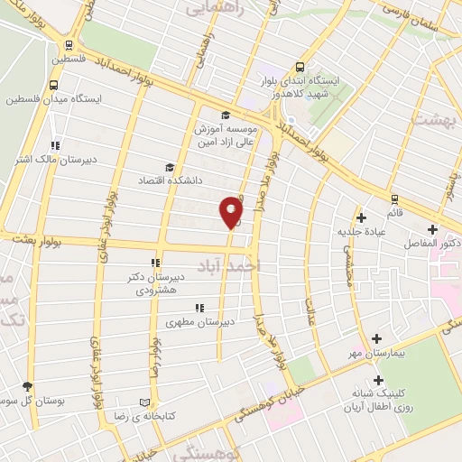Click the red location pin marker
pyautogui.click(x=231, y=212)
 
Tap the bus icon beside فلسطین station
pyautogui.click(x=69, y=46)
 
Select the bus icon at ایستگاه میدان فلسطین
pyautogui.click(x=53, y=86)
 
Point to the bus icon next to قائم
pyautogui.click(x=394, y=199)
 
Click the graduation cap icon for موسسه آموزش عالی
pyautogui.click(x=225, y=115)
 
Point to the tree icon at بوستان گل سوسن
pyautogui.click(x=28, y=385)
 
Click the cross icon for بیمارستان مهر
pyautogui.click(x=376, y=338)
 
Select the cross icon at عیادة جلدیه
pyautogui.click(x=361, y=217)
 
